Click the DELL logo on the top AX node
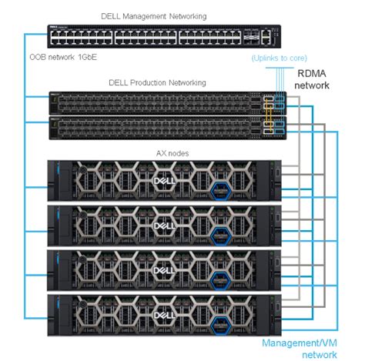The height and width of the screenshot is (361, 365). coord(162,182)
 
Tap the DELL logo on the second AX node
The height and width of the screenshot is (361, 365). coord(162,226)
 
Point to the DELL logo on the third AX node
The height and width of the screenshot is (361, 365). coord(162,270)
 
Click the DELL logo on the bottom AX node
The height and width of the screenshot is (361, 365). coord(162,314)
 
